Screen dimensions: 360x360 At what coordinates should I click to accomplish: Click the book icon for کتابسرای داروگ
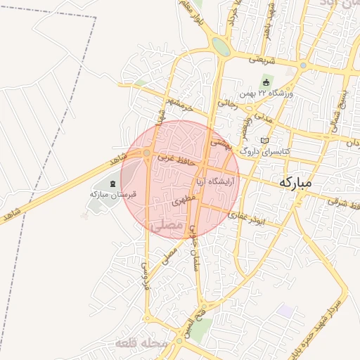(x=264, y=141)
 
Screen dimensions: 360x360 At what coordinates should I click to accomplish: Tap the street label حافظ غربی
(x=175, y=160)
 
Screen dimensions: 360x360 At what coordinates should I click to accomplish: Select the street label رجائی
(x=227, y=103)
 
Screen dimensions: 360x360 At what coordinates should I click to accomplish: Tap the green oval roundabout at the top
(x=221, y=46)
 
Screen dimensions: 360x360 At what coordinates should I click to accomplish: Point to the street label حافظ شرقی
(x=342, y=203)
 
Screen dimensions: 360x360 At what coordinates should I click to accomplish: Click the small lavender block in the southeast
(x=284, y=310)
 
